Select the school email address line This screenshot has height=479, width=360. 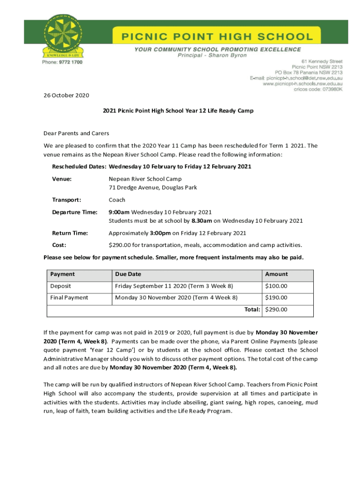[x=296, y=78]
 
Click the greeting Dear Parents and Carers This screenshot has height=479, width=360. [x=76, y=133]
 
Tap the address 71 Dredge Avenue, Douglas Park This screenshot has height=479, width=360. [x=153, y=188]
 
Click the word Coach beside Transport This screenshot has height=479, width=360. [x=117, y=200]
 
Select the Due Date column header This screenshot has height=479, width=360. [x=128, y=274]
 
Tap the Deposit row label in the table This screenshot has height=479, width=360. [x=60, y=286]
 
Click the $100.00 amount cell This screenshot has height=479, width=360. [x=276, y=286]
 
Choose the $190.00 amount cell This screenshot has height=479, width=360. [x=276, y=298]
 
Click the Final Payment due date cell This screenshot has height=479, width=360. [x=176, y=298]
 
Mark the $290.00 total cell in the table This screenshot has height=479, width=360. [x=276, y=309]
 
